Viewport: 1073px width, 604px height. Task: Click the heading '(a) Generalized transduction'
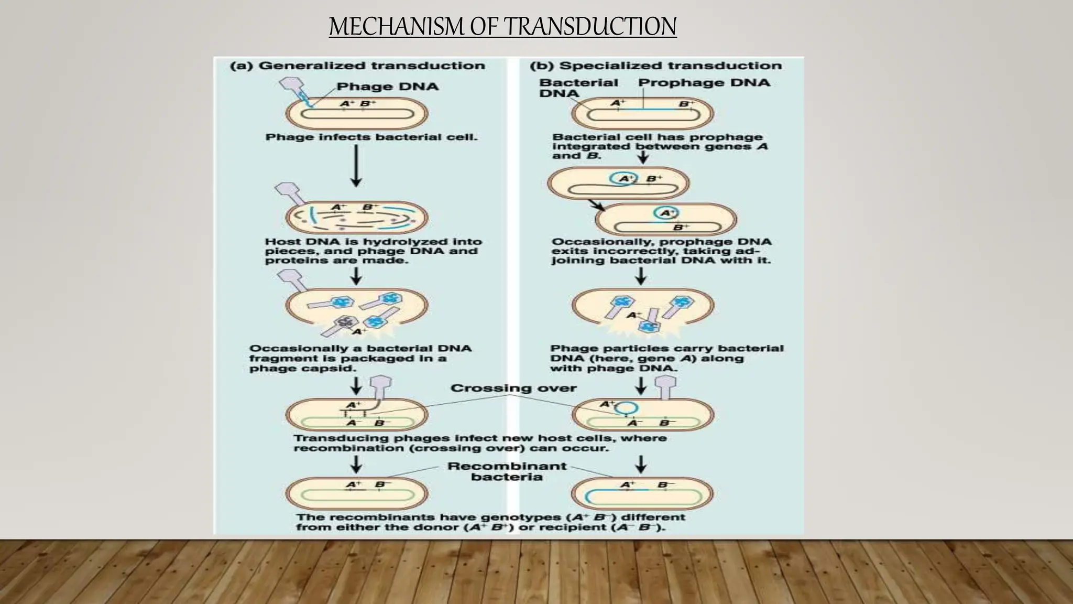[357, 66]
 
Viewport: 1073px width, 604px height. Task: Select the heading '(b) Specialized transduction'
[655, 66]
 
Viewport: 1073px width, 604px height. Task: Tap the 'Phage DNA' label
[387, 87]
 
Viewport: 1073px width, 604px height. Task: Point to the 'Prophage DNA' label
[704, 83]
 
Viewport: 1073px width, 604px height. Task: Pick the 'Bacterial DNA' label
[578, 88]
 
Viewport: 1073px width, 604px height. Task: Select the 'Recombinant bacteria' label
[507, 471]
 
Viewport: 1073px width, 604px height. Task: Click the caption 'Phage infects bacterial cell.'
[371, 137]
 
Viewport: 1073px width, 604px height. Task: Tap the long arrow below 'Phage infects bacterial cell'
[356, 165]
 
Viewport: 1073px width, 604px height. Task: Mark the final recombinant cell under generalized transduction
[357, 493]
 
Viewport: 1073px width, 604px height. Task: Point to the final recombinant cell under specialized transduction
[642, 493]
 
